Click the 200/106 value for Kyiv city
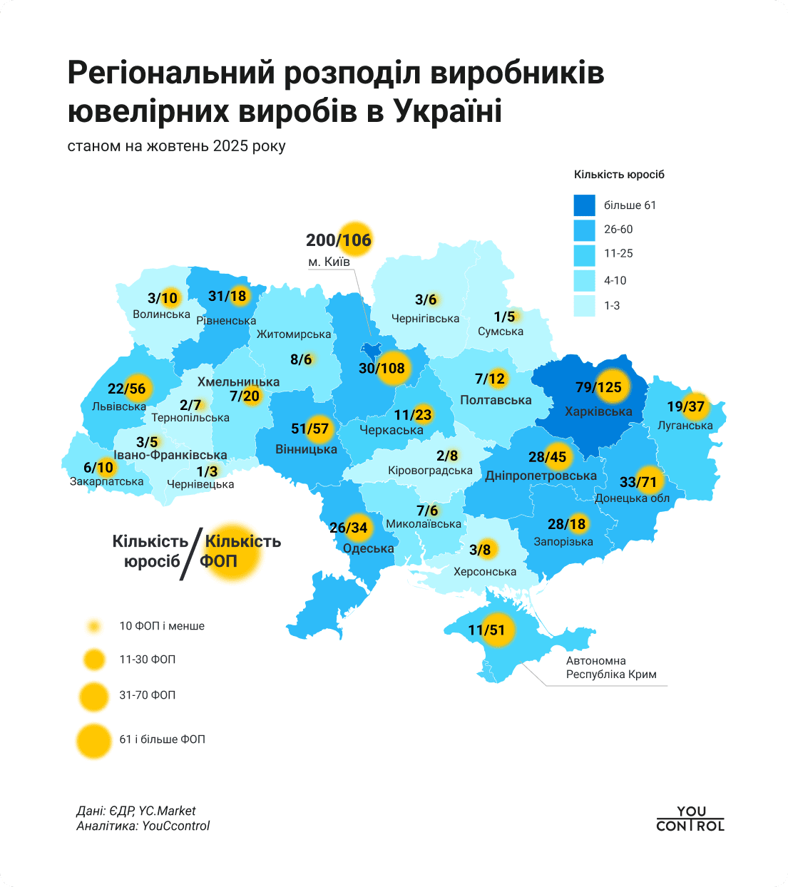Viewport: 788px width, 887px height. pyautogui.click(x=339, y=240)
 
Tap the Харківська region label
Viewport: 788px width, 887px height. pyautogui.click(x=598, y=411)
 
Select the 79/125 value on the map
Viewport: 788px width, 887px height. pyautogui.click(x=599, y=387)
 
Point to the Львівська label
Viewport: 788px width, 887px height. pyautogui.click(x=119, y=406)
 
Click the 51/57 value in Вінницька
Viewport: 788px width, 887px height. pyautogui.click(x=310, y=429)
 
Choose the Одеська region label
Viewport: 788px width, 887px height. pyautogui.click(x=368, y=548)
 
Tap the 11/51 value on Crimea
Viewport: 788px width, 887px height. pyautogui.click(x=486, y=630)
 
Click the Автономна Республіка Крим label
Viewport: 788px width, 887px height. pyautogui.click(x=610, y=667)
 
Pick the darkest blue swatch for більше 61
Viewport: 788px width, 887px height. pyautogui.click(x=584, y=205)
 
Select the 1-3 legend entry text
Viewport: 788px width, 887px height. pyautogui.click(x=612, y=305)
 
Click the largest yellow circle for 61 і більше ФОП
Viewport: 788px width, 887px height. pyautogui.click(x=93, y=740)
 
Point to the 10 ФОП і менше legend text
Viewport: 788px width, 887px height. pyautogui.click(x=162, y=626)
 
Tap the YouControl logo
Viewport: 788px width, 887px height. pyautogui.click(x=690, y=819)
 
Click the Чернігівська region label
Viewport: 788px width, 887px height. pyautogui.click(x=425, y=319)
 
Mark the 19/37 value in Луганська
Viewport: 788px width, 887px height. pyautogui.click(x=685, y=406)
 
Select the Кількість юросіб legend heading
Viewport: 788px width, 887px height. pyautogui.click(x=619, y=175)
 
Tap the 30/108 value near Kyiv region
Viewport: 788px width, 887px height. pyautogui.click(x=382, y=368)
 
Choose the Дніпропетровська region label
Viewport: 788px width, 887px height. pyautogui.click(x=541, y=476)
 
